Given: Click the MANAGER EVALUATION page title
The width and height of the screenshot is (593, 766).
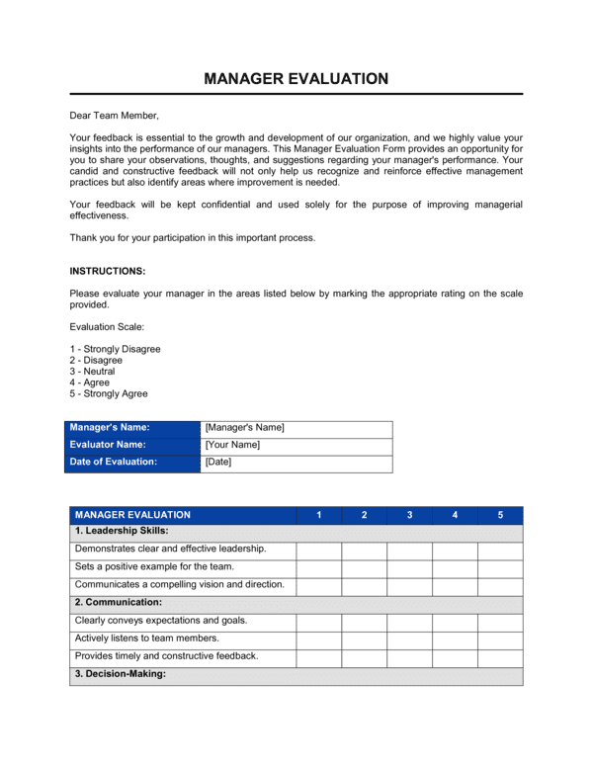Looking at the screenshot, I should tap(296, 79).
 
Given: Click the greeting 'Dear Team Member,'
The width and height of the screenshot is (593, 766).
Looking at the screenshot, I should tap(114, 116).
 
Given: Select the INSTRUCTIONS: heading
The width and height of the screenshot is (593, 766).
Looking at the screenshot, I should tap(108, 271).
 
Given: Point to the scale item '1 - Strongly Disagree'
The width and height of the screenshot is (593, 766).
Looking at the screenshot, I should tap(115, 349).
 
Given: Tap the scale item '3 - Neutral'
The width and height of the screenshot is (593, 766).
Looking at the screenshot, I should tap(92, 372).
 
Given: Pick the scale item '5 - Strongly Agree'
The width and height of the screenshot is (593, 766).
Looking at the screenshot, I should tap(109, 393).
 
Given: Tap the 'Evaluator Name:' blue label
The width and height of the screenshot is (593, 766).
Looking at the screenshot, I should tap(110, 445).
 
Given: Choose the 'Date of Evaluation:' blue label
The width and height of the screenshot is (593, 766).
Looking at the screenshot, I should tap(114, 462).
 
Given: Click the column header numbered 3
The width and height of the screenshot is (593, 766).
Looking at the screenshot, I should tap(409, 515).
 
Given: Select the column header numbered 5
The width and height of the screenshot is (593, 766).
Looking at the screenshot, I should tap(500, 515).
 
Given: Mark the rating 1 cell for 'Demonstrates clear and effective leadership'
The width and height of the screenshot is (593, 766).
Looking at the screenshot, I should tap(319, 549).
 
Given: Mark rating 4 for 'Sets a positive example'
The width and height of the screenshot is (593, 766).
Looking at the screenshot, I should tap(455, 567).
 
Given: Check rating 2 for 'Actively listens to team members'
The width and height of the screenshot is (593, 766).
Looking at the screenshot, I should tap(365, 639).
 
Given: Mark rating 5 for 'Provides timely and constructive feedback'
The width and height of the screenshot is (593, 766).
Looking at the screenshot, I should tap(500, 657).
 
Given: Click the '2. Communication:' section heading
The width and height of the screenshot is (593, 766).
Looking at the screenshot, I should tap(119, 602).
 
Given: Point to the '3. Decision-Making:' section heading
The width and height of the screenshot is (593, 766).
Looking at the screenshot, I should tap(121, 675).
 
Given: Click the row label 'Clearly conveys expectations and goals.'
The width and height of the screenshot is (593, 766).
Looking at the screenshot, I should tap(161, 621).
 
